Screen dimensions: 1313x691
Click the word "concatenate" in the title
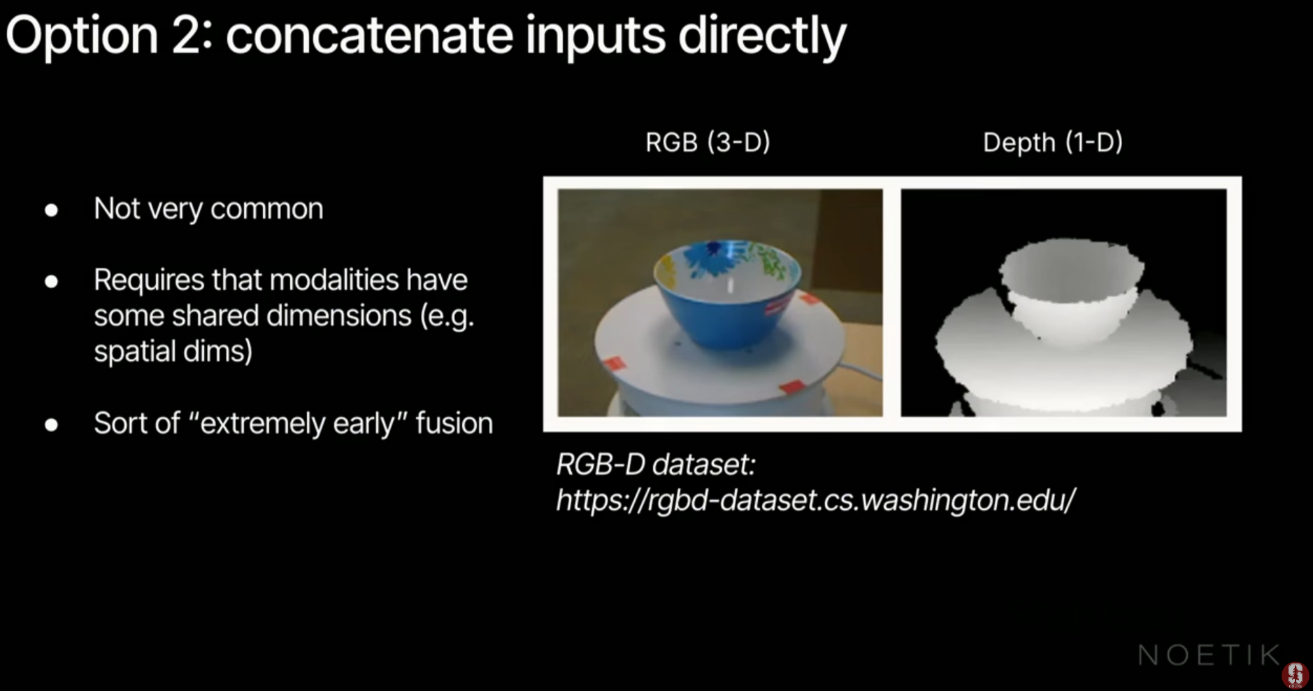click(x=370, y=36)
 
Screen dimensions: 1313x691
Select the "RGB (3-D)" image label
click(x=708, y=142)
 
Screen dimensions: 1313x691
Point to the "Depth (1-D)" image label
click(x=1052, y=142)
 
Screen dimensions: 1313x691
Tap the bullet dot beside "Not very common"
click(x=51, y=210)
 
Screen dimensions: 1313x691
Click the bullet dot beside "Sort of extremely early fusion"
click(x=51, y=425)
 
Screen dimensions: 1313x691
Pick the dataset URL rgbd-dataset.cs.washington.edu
click(x=815, y=500)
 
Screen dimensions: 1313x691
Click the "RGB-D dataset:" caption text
click(x=656, y=464)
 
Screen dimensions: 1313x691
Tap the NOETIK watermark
click(x=1208, y=655)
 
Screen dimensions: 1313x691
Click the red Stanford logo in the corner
click(x=1295, y=674)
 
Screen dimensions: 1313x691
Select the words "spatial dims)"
click(x=173, y=352)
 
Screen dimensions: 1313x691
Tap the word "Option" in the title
click(x=82, y=37)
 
